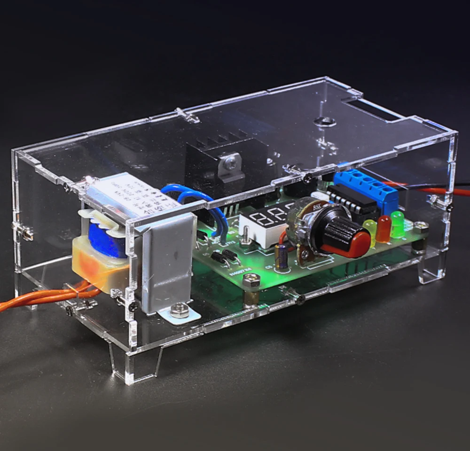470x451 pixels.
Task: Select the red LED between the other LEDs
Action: pos(384,228)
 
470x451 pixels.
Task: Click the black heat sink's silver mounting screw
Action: pos(230,163)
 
